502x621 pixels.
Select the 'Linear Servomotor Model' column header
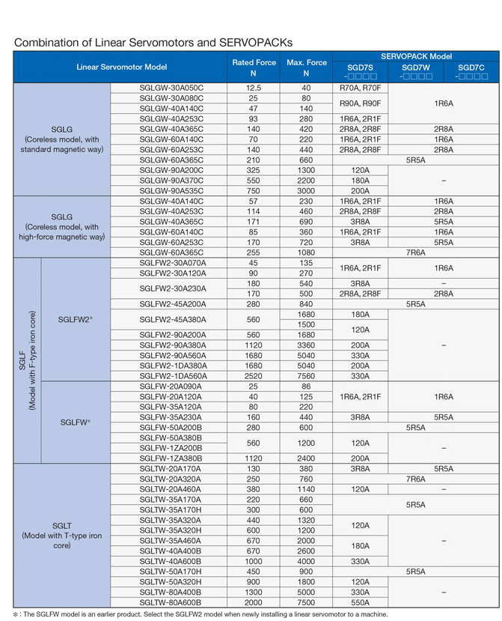[121, 67]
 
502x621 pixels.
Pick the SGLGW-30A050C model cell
[171, 88]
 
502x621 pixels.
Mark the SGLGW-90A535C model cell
[171, 191]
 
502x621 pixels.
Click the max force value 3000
[306, 191]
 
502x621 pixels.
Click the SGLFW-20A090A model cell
[171, 387]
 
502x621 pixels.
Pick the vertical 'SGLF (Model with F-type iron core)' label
[27, 360]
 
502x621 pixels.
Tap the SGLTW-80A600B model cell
[171, 602]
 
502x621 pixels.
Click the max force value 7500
[306, 602]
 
